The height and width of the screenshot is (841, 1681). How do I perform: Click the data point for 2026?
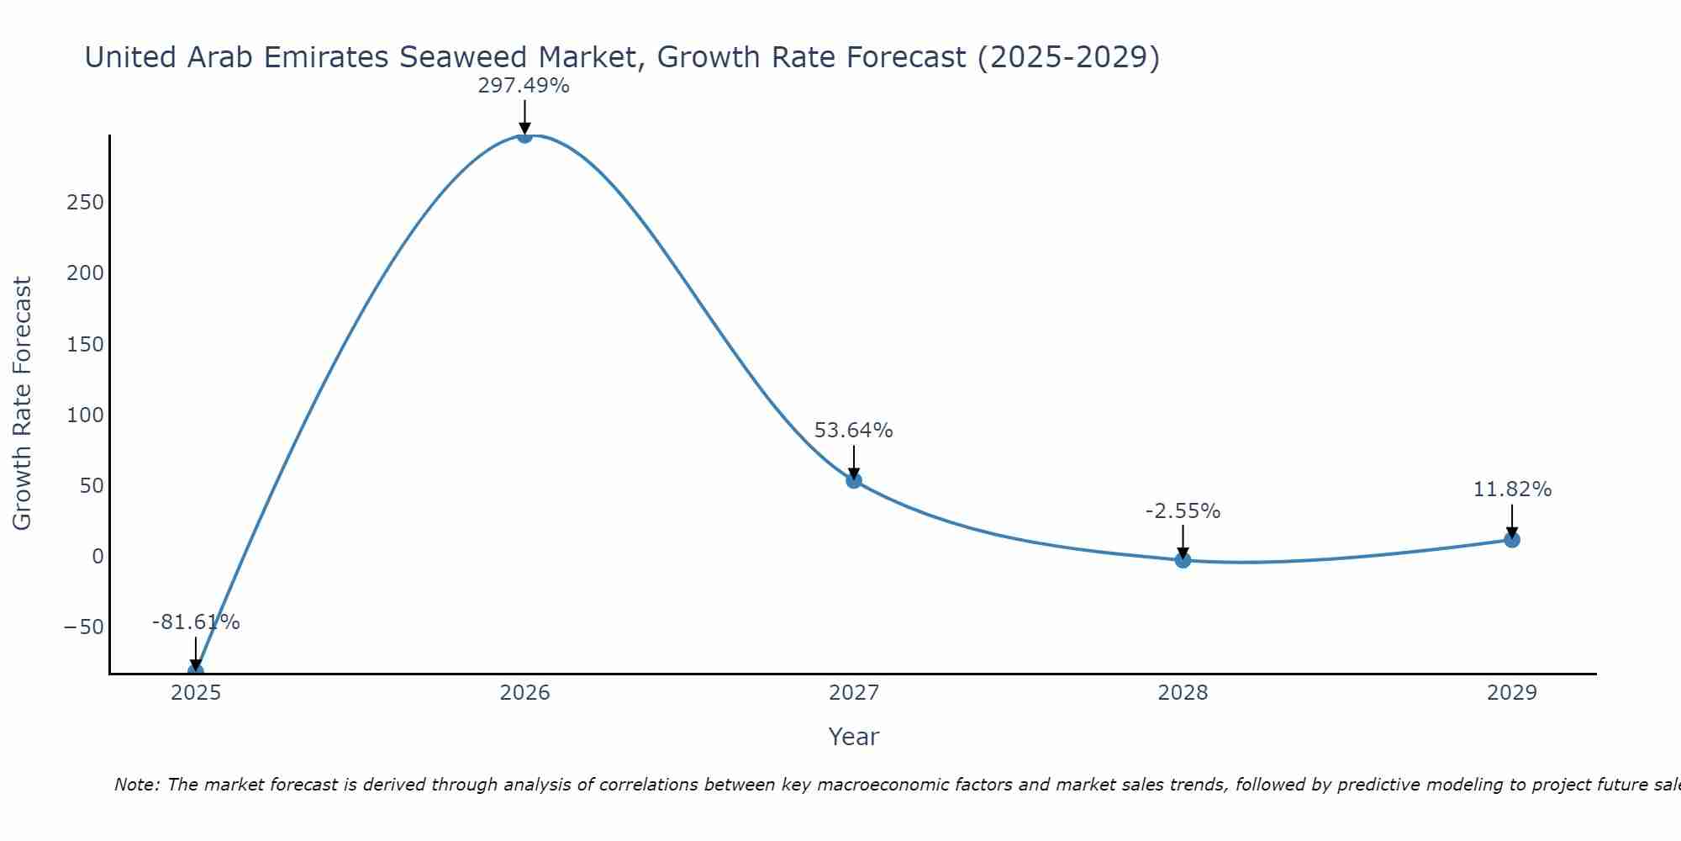point(524,135)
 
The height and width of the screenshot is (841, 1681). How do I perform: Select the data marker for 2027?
point(854,480)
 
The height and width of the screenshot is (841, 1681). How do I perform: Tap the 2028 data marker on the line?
point(1183,559)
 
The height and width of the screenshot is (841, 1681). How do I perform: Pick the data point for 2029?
point(1512,539)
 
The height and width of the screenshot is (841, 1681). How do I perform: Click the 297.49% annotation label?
point(524,86)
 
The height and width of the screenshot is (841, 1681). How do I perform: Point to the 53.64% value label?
point(853,431)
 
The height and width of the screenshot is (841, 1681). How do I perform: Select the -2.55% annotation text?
point(1183,511)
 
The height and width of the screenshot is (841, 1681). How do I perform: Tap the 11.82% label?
point(1512,489)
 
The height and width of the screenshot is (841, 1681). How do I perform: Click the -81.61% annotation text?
point(196,622)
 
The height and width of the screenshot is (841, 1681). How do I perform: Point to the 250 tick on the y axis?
point(86,203)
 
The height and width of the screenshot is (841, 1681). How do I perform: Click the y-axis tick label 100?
point(86,415)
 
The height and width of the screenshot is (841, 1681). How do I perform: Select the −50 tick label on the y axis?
point(83,627)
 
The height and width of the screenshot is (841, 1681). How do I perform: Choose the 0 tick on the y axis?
point(97,556)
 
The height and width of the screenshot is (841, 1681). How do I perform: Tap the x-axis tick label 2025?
point(196,693)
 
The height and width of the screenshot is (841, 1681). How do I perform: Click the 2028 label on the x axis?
point(1183,693)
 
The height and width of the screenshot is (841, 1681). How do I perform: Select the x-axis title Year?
point(853,737)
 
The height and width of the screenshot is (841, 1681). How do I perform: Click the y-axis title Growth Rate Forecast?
point(22,404)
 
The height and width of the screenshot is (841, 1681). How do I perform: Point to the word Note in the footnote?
point(134,785)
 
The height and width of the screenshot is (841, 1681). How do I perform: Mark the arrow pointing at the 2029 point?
point(1512,521)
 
